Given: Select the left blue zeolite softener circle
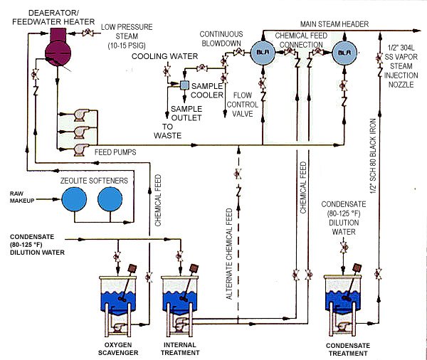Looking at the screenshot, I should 73,200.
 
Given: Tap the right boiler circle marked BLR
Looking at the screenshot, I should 344,52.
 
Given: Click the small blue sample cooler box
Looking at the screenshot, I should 184,85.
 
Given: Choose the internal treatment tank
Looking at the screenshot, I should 181,302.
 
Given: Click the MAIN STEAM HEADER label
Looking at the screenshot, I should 334,24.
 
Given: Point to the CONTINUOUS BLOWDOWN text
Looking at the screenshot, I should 222,38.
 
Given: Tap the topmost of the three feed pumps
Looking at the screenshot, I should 72,115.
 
